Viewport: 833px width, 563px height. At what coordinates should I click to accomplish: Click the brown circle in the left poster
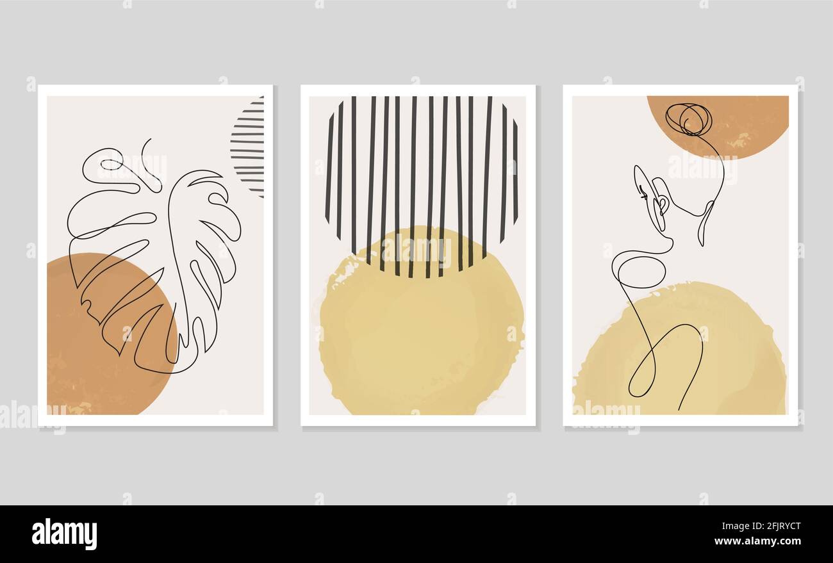96,359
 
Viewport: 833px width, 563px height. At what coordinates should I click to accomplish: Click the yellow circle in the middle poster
420,333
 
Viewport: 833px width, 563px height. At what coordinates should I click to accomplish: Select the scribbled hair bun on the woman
689,118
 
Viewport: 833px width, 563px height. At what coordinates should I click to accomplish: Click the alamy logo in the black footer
64,534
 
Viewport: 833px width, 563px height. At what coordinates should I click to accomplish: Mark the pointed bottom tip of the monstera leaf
174,371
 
